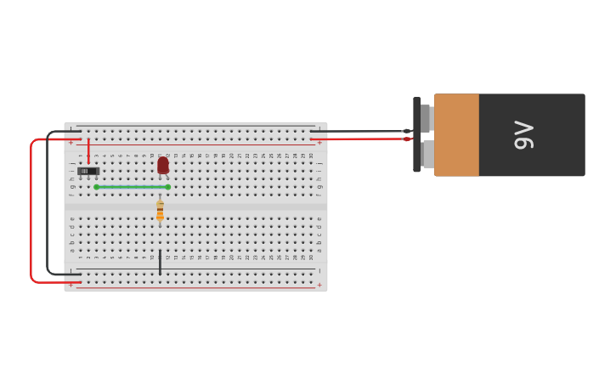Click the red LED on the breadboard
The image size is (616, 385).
click(163, 165)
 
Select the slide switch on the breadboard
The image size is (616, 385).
click(88, 171)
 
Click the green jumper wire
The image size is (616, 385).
click(132, 187)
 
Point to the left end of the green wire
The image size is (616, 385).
click(97, 187)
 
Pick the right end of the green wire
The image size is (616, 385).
click(168, 187)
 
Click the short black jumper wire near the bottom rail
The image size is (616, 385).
click(160, 262)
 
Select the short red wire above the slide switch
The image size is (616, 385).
click(88, 150)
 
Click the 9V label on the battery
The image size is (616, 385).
click(524, 135)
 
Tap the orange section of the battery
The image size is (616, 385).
click(457, 135)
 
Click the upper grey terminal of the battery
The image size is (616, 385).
click(427, 118)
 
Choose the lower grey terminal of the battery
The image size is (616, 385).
click(427, 154)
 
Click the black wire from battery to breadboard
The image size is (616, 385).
click(365, 131)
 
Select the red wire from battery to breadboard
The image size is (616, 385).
click(365, 139)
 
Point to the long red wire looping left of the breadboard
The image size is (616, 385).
click(31, 212)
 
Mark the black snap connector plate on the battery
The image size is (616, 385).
click(416, 135)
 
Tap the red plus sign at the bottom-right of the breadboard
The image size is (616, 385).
click(319, 286)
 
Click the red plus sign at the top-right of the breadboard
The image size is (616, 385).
click(319, 143)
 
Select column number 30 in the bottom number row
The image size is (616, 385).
click(312, 257)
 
